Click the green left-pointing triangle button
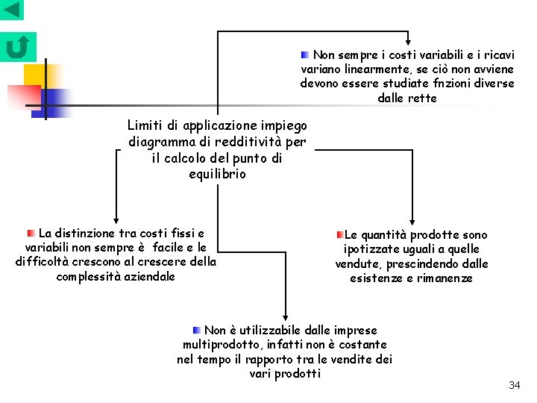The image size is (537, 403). click(12, 10)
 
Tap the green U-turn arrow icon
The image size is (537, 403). click(17, 47)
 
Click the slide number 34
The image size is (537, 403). click(514, 385)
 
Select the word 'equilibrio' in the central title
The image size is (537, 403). click(217, 174)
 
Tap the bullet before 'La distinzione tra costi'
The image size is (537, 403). click(31, 233)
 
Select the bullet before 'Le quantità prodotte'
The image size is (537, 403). click(339, 234)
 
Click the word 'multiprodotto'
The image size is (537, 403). click(220, 344)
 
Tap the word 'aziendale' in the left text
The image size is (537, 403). click(150, 276)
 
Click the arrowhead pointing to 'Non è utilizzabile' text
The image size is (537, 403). click(285, 316)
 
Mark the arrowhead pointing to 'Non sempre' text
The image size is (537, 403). click(408, 41)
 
